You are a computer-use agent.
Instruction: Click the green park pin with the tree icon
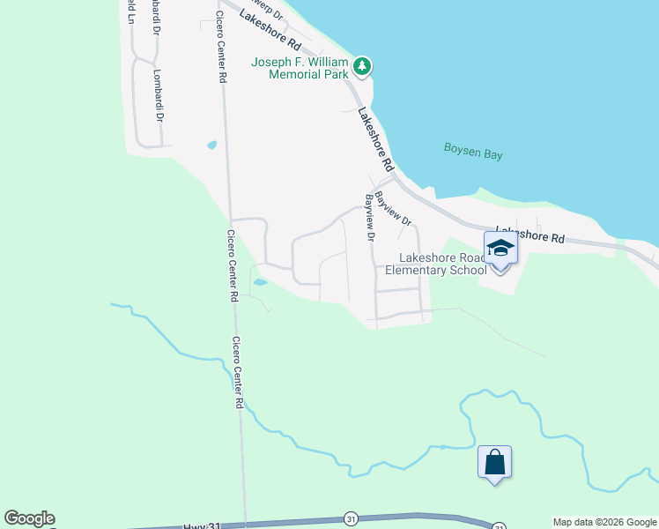point(361,66)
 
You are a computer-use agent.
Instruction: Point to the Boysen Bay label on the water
point(473,153)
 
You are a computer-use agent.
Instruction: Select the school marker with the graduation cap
point(500,250)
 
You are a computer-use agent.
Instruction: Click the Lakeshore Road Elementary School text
point(442,264)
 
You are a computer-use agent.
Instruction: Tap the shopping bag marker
point(494,463)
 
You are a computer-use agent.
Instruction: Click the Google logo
point(29,518)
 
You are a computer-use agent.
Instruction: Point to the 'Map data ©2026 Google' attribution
point(604,522)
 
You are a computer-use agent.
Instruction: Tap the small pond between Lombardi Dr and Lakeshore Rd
point(211,145)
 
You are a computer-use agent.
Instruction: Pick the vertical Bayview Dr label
point(371,219)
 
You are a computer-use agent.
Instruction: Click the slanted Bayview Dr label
point(393,209)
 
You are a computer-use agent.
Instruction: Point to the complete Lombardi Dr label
point(159,96)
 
